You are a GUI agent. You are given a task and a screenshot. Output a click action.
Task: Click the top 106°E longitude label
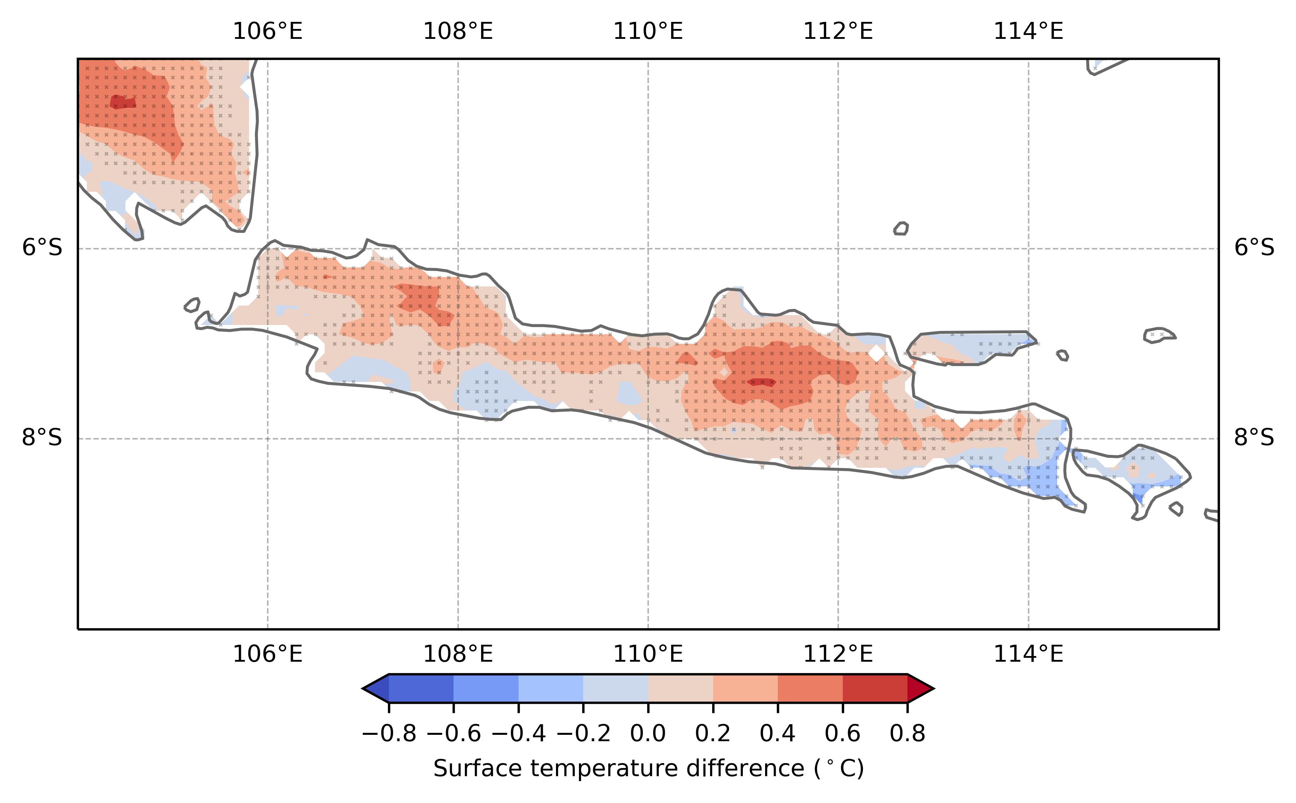tap(268, 32)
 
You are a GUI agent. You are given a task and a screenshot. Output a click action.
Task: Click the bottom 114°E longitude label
tap(1028, 654)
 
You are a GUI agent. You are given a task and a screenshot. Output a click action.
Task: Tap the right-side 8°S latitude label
tap(1254, 438)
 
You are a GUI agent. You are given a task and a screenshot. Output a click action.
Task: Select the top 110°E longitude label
tap(648, 32)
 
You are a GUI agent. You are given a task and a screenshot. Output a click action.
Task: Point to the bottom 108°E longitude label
tap(458, 654)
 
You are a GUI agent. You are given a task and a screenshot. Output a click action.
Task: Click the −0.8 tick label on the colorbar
tap(389, 734)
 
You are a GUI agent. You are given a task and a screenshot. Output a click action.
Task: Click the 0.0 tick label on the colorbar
tap(648, 734)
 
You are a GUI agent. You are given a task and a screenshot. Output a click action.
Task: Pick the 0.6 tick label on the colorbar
tap(842, 734)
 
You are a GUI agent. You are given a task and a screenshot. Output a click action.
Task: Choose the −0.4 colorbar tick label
tap(518, 734)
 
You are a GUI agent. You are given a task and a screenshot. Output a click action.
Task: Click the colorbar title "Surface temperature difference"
tap(648, 768)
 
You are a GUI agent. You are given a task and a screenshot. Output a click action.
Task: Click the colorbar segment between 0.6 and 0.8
tap(875, 688)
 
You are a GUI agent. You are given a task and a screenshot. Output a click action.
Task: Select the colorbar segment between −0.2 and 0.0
tap(615, 688)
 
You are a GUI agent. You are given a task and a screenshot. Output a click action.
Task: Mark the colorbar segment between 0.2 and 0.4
tap(745, 688)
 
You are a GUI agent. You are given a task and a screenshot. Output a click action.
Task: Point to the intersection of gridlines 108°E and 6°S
tap(458, 248)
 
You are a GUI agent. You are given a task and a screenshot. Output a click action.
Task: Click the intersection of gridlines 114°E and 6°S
tap(1028, 248)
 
